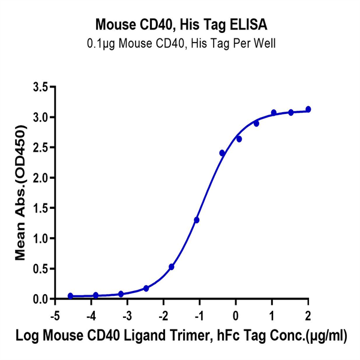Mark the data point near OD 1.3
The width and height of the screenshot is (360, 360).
196,220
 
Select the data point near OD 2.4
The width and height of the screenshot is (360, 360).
222,153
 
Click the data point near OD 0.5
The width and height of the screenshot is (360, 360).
172,267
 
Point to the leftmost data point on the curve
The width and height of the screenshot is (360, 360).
70,296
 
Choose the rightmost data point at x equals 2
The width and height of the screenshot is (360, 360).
308,109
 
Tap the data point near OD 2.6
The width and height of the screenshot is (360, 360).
239,139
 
